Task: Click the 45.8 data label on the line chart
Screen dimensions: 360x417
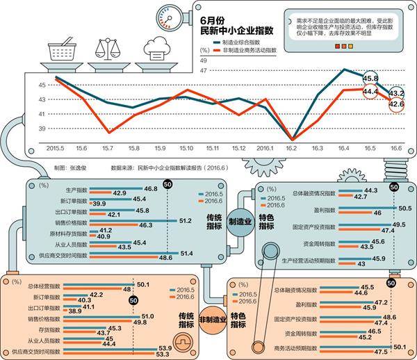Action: pos(370,79)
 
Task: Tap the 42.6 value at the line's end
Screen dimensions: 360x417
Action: pos(396,104)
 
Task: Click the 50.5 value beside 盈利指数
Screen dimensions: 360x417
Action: pos(405,208)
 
